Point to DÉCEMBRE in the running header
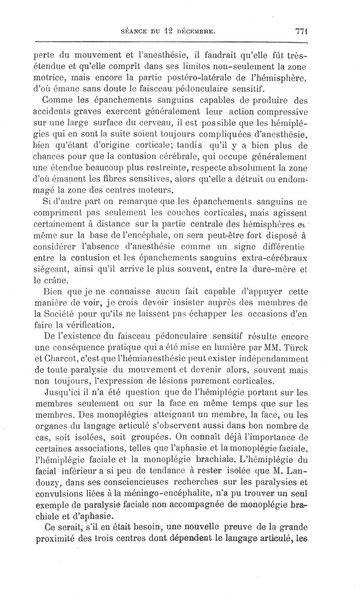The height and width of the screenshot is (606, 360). (197, 32)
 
